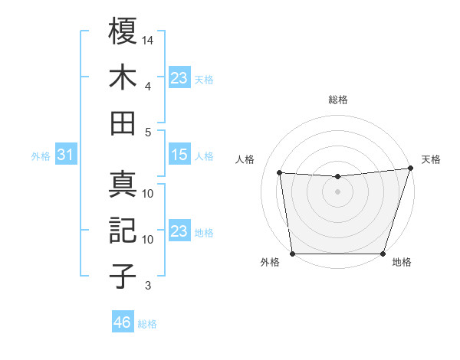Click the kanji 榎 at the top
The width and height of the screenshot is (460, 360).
[123, 32]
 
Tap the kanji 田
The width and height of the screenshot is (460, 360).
[123, 123]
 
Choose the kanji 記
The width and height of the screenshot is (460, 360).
[123, 231]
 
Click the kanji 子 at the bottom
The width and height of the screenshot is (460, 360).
[123, 277]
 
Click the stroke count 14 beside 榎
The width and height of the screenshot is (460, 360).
[148, 40]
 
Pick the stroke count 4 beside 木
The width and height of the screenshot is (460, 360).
[148, 86]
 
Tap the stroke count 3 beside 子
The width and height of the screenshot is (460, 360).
[148, 286]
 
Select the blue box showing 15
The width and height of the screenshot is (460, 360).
[179, 155]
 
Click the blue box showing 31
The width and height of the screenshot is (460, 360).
[65, 155]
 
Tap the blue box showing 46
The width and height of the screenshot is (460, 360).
[122, 322]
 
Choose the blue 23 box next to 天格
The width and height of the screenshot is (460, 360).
[179, 78]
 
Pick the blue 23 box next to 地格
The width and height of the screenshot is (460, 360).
[179, 231]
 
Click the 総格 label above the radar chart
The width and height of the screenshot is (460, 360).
[337, 100]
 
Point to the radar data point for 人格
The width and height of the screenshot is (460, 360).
[280, 173]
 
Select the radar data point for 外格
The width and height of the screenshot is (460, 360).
[292, 254]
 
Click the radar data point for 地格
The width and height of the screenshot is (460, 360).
[383, 254]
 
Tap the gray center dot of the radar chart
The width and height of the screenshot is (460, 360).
[337, 191]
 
